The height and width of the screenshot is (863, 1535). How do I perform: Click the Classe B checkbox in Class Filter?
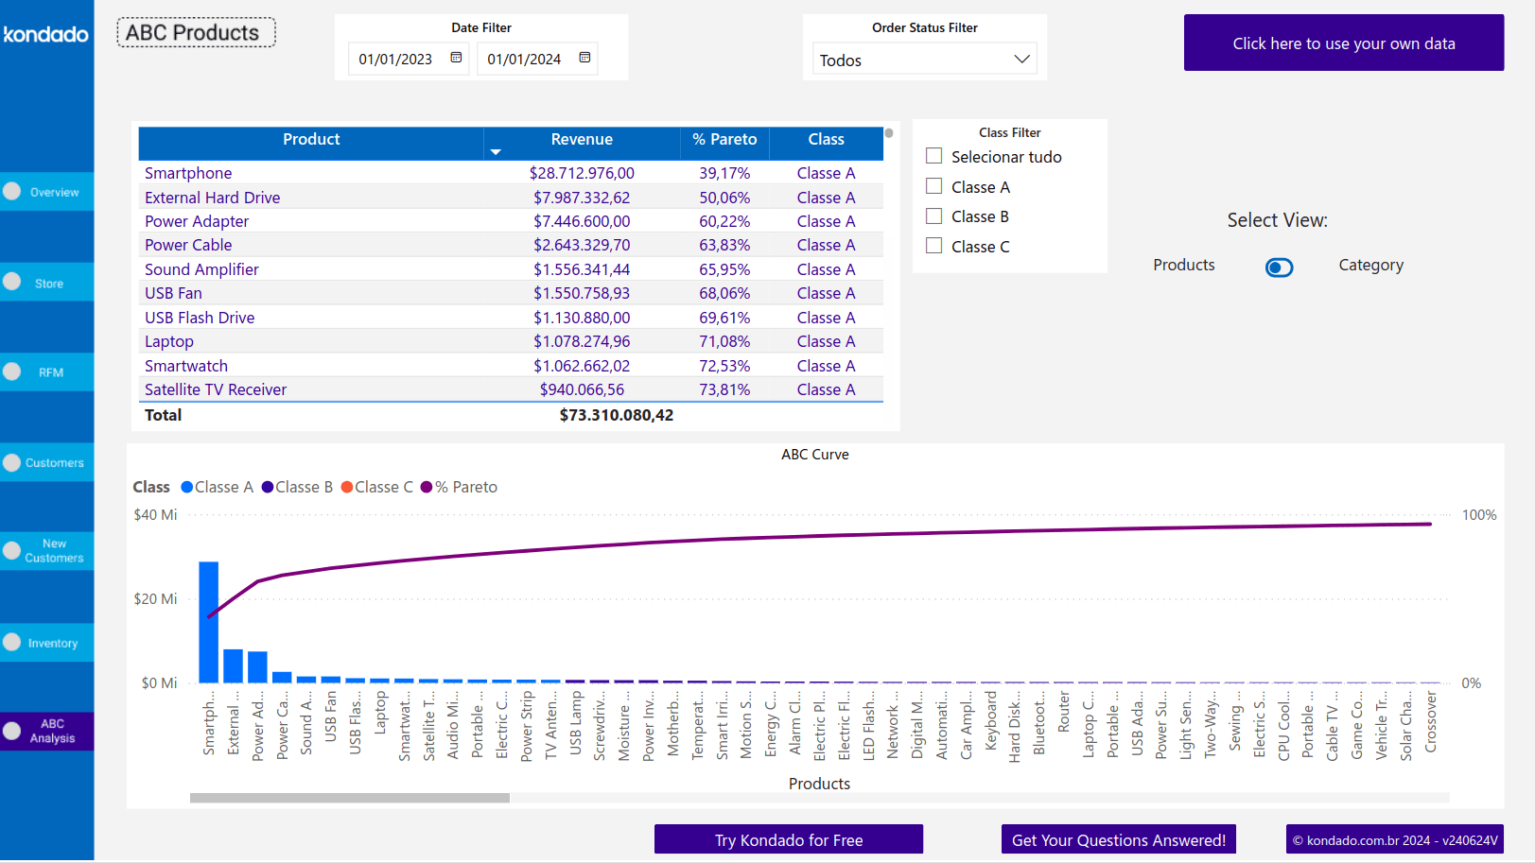point(934,216)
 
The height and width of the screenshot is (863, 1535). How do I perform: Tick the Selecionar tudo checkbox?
point(934,156)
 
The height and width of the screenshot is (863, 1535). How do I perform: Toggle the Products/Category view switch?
point(1279,268)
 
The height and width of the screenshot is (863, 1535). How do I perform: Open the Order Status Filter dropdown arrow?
point(1021,60)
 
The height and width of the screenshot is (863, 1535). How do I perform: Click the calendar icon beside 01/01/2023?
point(456,58)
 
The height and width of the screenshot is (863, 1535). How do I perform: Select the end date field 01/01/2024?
point(524,60)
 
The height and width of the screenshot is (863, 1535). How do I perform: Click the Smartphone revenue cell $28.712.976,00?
point(582,173)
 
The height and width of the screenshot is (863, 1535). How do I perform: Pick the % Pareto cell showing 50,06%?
point(724,198)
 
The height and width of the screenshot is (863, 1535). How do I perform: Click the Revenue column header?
point(582,140)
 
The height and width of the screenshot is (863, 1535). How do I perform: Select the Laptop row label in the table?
point(169,341)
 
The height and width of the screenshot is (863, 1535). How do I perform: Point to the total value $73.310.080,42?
point(616,415)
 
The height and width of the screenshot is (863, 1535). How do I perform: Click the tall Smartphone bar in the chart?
point(208,624)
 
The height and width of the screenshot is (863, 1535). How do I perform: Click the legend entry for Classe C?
point(377,487)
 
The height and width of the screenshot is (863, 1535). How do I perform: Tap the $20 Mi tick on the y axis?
point(155,599)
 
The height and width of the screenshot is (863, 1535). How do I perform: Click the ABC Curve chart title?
point(814,455)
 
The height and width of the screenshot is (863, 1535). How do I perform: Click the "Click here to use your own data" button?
point(1343,43)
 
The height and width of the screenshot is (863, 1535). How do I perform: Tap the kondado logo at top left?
point(45,35)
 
